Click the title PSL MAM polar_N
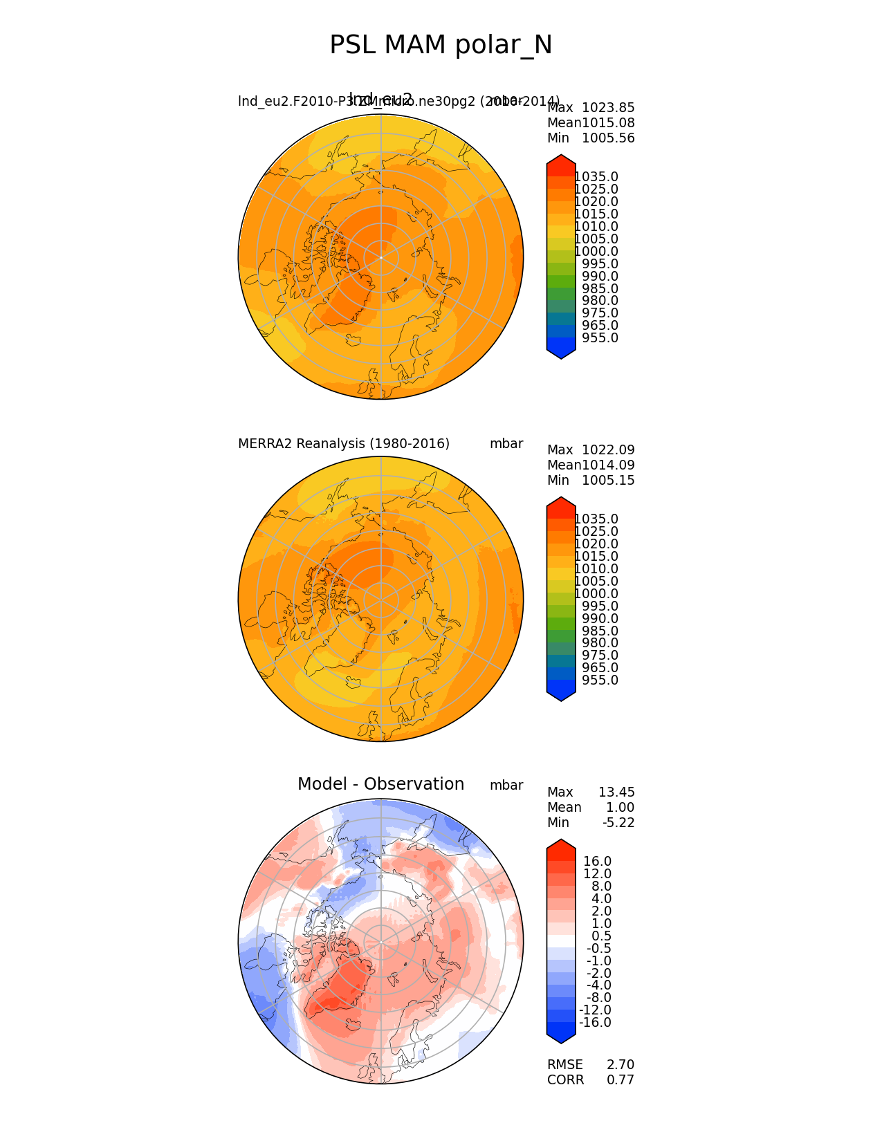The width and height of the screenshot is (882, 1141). [x=441, y=46]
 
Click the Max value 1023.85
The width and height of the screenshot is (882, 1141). [x=608, y=108]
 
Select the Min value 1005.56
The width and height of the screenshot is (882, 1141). [x=608, y=138]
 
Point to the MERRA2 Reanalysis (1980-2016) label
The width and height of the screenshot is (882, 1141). [x=344, y=444]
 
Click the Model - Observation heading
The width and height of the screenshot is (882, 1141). [x=380, y=784]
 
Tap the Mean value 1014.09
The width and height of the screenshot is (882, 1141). [x=608, y=465]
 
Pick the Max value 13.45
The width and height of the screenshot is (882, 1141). [x=616, y=792]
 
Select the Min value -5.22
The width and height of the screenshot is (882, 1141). [x=618, y=823]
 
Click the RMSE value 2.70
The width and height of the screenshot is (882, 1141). [x=621, y=1065]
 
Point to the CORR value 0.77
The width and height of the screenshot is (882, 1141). [x=621, y=1080]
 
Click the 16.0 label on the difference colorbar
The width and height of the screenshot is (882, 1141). [x=598, y=862]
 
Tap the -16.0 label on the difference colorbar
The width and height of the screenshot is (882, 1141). [x=595, y=1023]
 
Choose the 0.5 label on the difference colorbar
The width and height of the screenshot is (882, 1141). [x=601, y=936]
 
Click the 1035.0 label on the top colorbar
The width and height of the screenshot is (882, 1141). [x=596, y=177]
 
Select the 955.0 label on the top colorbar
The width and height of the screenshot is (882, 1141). [x=600, y=338]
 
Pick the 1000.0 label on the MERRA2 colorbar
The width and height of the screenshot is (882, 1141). [x=596, y=594]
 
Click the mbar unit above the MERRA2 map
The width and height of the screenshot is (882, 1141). [x=506, y=444]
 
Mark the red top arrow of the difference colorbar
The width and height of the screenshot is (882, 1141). [x=561, y=847]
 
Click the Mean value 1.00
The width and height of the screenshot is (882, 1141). [x=620, y=808]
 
